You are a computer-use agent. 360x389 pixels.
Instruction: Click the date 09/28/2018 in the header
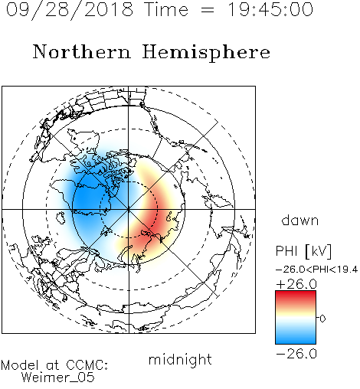click(x=70, y=10)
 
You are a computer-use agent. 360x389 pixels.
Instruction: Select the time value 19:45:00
click(x=270, y=9)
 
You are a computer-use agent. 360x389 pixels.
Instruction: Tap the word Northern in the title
click(x=82, y=52)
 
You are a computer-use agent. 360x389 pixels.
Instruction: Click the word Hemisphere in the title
click(x=206, y=53)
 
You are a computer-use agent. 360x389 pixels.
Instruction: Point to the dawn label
click(x=300, y=220)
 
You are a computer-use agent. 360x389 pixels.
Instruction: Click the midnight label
click(x=180, y=360)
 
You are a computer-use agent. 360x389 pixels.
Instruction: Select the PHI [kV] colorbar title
click(x=304, y=251)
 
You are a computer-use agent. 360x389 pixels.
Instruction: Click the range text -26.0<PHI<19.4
click(x=316, y=270)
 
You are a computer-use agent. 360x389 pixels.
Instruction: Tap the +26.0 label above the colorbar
click(x=296, y=284)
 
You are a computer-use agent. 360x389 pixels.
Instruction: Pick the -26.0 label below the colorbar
click(x=296, y=354)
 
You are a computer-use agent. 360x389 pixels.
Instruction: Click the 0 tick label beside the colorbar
click(x=322, y=319)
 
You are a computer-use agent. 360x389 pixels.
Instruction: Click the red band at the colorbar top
click(x=296, y=296)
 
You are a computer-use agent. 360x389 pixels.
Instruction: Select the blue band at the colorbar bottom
click(x=296, y=338)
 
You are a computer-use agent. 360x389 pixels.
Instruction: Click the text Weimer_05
click(x=58, y=378)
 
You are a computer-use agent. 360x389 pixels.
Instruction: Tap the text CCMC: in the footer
click(x=87, y=365)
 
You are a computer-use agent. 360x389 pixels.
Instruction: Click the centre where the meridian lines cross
click(x=129, y=209)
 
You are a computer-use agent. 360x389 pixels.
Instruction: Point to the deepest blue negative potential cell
click(x=88, y=198)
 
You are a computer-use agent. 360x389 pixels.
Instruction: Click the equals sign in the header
click(x=207, y=11)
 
